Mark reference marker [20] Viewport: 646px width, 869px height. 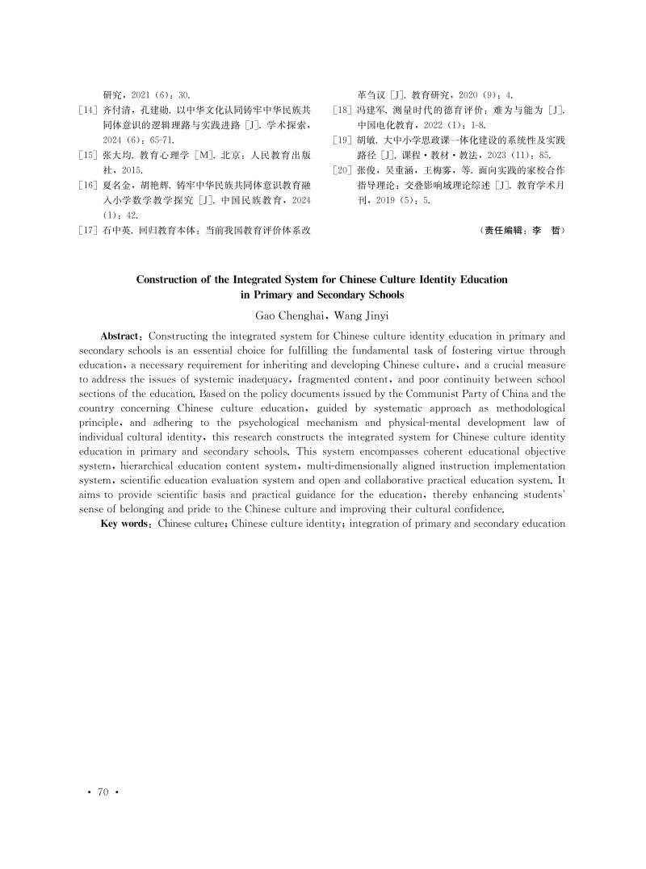coord(343,170)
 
